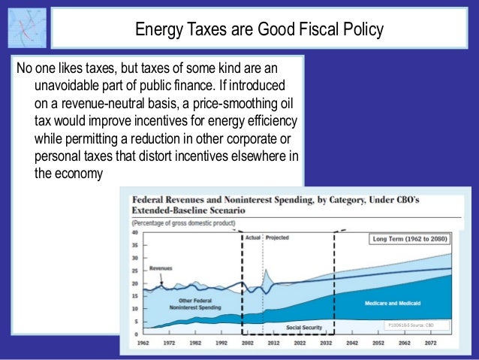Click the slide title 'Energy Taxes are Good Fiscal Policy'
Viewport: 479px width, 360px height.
259,29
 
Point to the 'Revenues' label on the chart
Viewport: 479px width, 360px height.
163,268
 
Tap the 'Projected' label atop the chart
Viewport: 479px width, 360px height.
276,237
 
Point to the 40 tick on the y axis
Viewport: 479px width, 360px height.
135,233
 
